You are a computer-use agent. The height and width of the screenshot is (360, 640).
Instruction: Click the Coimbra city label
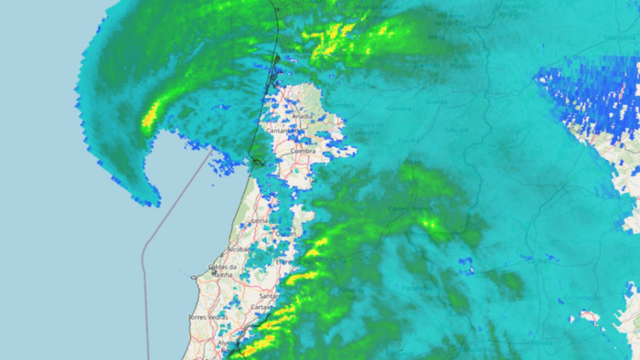[x=303, y=151]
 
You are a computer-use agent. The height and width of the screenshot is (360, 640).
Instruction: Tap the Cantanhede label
[x=278, y=131]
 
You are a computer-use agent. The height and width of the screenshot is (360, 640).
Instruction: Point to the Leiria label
[x=259, y=221]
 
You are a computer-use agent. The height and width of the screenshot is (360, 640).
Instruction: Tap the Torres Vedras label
[x=208, y=317]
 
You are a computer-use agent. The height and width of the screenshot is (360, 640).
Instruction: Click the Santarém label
[x=271, y=296]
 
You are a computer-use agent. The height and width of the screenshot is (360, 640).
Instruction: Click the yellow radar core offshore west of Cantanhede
[x=152, y=116]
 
